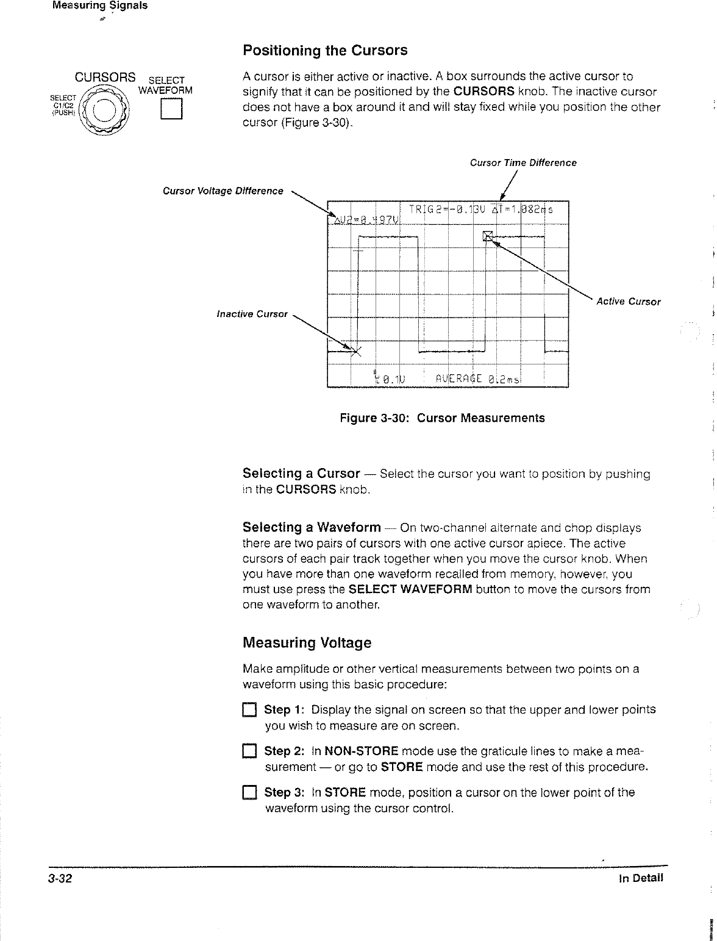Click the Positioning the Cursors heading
(x=324, y=50)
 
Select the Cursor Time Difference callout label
(x=523, y=163)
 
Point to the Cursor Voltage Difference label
(x=223, y=191)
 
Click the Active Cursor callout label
(x=628, y=302)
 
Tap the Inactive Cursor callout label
(x=252, y=314)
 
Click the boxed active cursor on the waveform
(x=488, y=236)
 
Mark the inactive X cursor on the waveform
(x=358, y=351)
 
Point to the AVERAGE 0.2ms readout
(x=473, y=379)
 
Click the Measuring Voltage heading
(x=307, y=643)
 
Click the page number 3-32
(x=62, y=878)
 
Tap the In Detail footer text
(x=640, y=878)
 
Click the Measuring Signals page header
(x=100, y=6)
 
